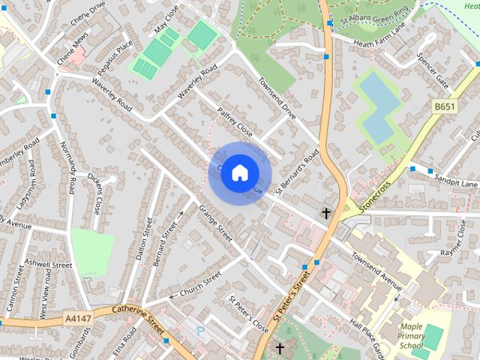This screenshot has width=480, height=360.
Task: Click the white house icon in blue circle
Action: click(239, 172)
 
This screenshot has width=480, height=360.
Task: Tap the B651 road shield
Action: click(445, 107)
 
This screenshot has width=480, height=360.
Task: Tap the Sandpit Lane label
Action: click(458, 183)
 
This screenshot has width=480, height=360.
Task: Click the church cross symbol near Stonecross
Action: click(326, 214)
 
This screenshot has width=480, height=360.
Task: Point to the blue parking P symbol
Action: click(199, 330)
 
